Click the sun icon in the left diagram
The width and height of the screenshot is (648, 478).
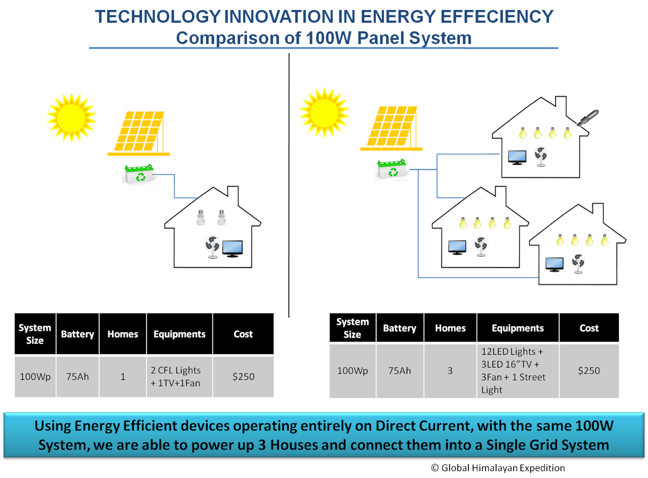point(71,118)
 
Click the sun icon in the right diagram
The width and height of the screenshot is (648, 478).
point(324,113)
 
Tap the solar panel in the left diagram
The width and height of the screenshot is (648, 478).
point(138,130)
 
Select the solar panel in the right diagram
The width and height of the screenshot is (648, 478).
point(391,125)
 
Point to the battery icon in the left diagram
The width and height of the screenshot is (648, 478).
point(140,174)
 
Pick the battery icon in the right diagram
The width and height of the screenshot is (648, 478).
point(392,169)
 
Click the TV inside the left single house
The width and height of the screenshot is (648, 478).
point(233,248)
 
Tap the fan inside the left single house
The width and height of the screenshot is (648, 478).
point(212,247)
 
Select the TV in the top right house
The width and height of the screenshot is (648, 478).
point(517,157)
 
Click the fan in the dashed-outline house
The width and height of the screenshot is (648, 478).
point(578,264)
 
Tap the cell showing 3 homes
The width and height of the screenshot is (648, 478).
point(450,370)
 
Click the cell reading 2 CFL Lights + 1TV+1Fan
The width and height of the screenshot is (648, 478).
point(179,377)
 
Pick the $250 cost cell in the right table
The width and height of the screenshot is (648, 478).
point(589,370)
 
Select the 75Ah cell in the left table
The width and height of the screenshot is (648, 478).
point(78,377)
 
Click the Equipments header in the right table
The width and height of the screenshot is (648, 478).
point(517,328)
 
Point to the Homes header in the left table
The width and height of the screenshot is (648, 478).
point(122,334)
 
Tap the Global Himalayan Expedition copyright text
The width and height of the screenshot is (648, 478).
point(498,468)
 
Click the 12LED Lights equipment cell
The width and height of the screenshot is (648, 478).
point(517,370)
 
